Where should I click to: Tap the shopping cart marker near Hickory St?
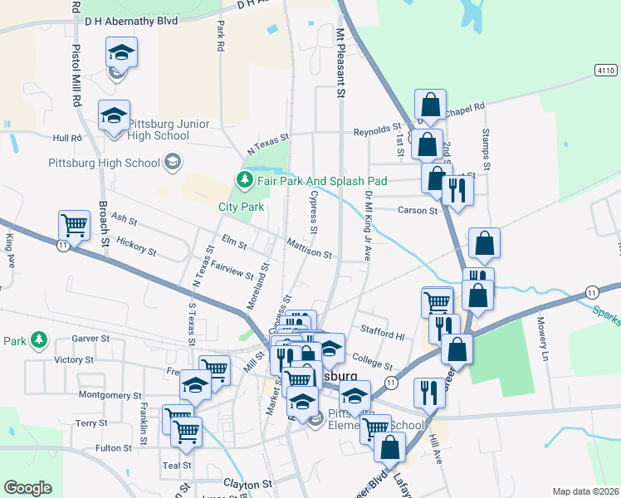coord(74,226)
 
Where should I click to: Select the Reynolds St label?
coord(377,129)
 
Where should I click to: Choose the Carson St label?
coord(417,211)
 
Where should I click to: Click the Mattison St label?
coord(309,248)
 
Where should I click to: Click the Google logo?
coord(27,488)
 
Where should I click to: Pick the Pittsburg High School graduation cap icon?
coord(173,161)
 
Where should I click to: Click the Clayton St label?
coord(247,483)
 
